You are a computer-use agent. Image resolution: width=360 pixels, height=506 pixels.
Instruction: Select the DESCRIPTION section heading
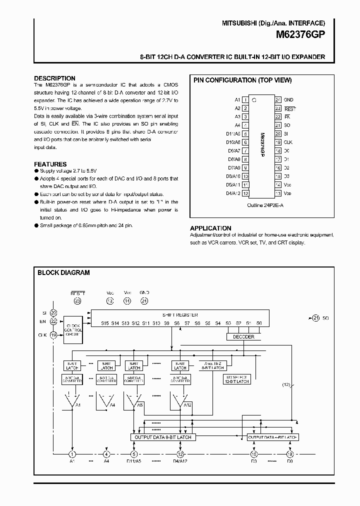[x=54, y=78]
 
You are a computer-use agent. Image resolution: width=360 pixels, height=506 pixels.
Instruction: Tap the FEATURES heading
[x=50, y=164]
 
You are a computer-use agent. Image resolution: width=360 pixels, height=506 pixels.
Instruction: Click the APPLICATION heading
[x=210, y=228]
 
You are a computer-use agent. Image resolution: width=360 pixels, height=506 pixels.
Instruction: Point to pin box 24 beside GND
[x=278, y=99]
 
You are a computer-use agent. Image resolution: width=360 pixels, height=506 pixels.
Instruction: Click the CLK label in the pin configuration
[x=288, y=142]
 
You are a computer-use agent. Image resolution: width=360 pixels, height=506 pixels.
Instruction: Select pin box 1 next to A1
[x=245, y=99]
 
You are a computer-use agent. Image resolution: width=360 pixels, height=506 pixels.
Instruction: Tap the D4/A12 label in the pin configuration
[x=233, y=193]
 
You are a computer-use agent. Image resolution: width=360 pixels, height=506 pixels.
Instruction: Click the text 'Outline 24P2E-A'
[x=262, y=205]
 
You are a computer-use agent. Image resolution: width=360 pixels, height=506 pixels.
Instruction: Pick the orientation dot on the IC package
[x=254, y=100]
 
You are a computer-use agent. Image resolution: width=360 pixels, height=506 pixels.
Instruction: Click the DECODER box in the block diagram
[x=243, y=336]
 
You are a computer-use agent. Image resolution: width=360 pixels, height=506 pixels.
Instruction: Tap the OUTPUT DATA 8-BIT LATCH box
[x=163, y=437]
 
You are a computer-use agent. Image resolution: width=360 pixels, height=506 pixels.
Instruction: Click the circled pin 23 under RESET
[x=77, y=300]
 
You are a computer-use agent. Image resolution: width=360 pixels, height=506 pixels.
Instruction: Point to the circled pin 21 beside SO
[x=315, y=317]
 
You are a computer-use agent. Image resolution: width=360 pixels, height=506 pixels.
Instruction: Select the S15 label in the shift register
[x=104, y=323]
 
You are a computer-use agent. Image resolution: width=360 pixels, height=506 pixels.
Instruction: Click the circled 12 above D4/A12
[x=180, y=454]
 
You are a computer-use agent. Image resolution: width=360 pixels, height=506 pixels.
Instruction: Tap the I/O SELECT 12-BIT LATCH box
[x=236, y=378]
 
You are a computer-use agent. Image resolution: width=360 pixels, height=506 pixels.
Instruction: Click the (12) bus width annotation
[x=286, y=384]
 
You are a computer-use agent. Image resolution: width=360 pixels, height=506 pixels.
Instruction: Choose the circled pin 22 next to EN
[x=53, y=321]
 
